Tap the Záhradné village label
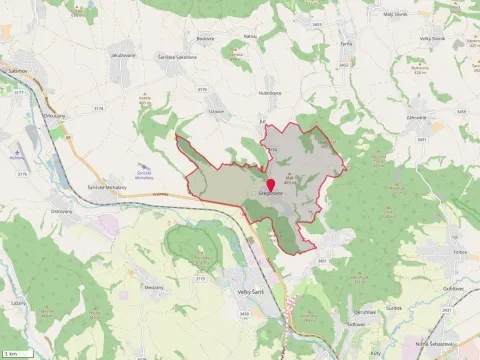click(x=388, y=117)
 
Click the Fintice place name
click(x=459, y=252)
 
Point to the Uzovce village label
click(x=215, y=112)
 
